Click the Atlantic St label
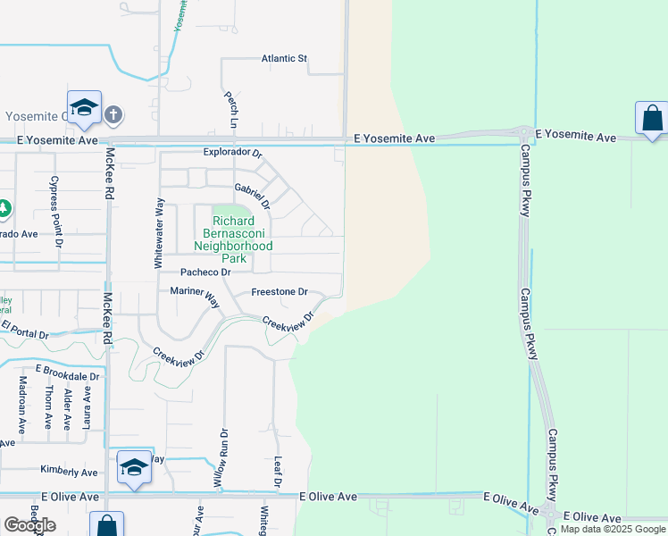(284, 59)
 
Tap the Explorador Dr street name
(232, 153)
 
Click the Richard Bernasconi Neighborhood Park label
(233, 239)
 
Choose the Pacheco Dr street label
(205, 272)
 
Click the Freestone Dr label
(279, 292)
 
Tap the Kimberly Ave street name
(69, 471)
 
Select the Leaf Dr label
(278, 471)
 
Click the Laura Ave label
(87, 406)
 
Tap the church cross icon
(113, 114)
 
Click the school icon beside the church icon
(84, 108)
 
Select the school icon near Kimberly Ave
(134, 467)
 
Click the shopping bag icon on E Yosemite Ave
(652, 118)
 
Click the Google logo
(29, 525)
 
